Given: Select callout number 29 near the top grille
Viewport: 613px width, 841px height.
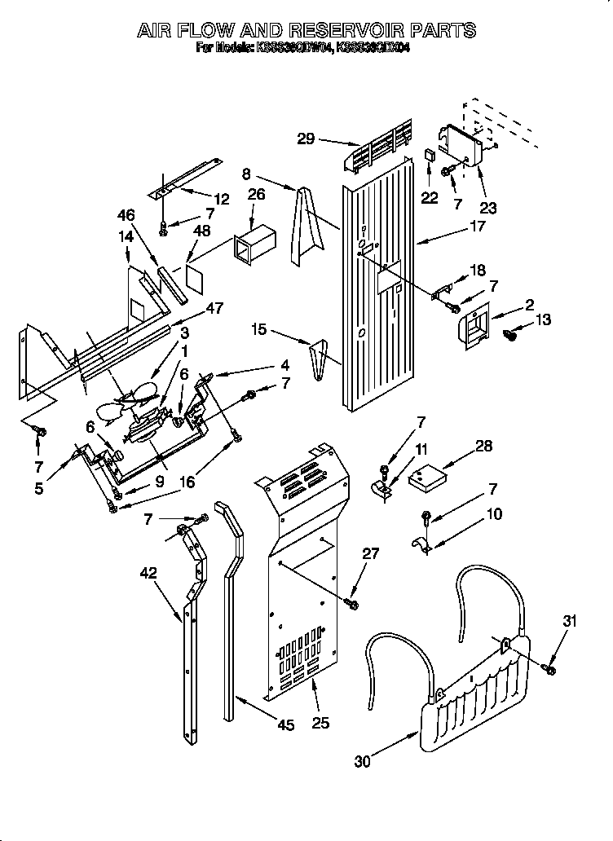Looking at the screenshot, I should point(306,139).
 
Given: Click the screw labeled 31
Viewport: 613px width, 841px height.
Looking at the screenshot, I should point(550,669).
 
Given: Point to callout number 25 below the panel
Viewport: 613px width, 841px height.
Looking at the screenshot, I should point(320,722).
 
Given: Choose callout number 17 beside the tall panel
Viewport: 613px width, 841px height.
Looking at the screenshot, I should point(478,227).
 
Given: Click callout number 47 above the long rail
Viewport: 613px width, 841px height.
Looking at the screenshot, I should point(214,307).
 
